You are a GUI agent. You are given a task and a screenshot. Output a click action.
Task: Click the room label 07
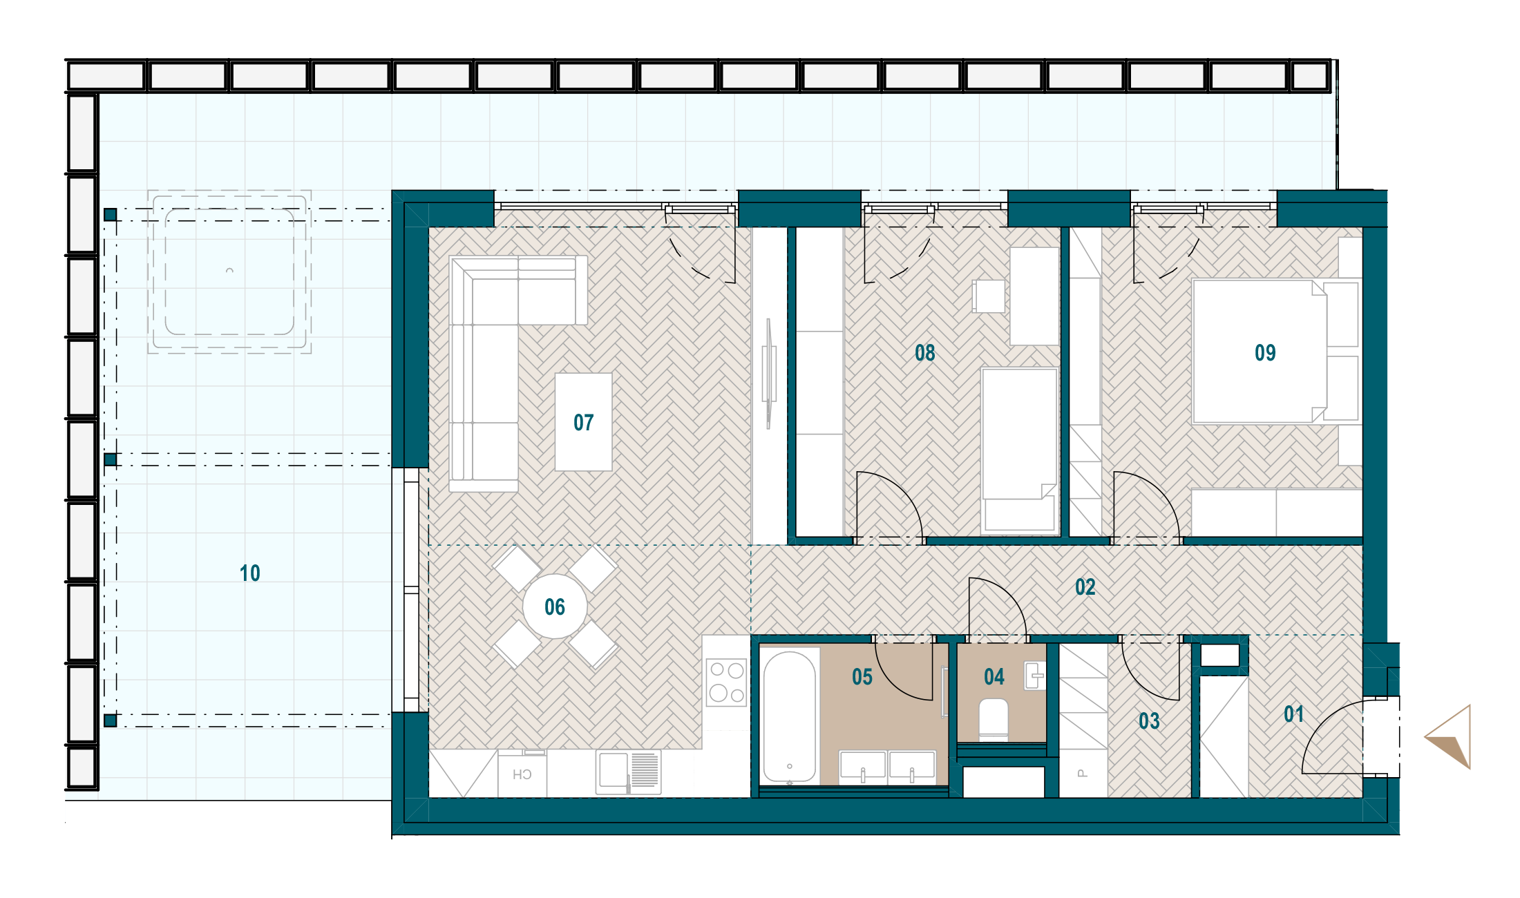click(584, 422)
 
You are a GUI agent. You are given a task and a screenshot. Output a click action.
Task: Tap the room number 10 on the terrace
click(250, 573)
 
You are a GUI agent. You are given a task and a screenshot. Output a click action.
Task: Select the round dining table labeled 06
click(555, 606)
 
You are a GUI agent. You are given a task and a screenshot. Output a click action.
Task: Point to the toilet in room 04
click(994, 719)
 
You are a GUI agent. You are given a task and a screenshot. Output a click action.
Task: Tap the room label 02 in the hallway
click(1085, 587)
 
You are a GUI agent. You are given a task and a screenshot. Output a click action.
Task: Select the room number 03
click(1149, 721)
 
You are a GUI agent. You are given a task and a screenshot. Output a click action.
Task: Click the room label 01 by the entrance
click(1294, 714)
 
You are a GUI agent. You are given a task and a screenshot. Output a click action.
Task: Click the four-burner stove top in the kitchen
click(726, 682)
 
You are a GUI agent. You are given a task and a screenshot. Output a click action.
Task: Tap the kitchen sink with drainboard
click(629, 772)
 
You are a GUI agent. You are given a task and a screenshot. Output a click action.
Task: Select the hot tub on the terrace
click(229, 272)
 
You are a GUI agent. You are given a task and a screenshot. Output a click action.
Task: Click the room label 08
click(925, 353)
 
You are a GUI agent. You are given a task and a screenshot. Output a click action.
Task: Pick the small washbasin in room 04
click(1034, 676)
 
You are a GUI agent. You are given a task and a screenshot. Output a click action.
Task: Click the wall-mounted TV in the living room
click(768, 373)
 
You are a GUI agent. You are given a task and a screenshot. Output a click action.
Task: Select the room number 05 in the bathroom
click(862, 677)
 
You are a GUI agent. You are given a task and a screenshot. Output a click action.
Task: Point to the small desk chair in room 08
click(989, 296)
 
